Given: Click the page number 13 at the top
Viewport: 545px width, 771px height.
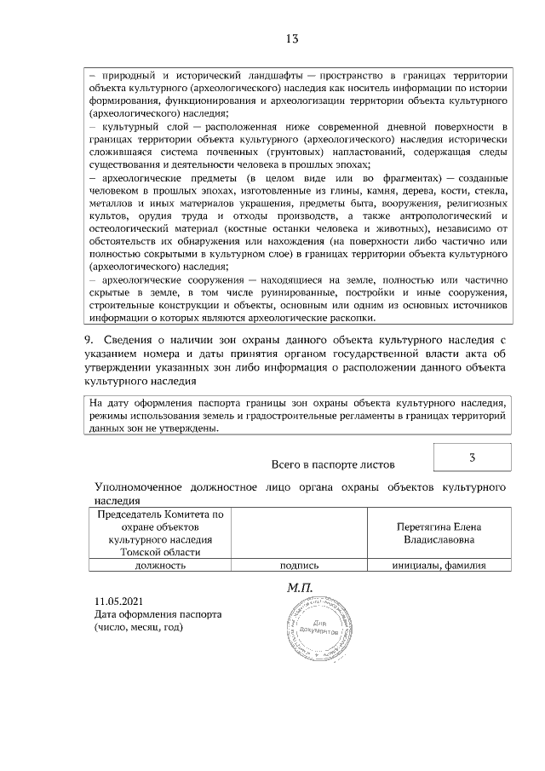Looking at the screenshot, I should tap(292, 39).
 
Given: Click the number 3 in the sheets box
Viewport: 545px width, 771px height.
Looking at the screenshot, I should tap(472, 458).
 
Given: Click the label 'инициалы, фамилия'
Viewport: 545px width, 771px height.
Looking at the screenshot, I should tap(438, 565).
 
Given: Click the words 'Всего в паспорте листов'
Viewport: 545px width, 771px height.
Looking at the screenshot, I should tap(333, 465).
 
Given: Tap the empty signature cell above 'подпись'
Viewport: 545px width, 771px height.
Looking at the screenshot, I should tap(298, 532).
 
